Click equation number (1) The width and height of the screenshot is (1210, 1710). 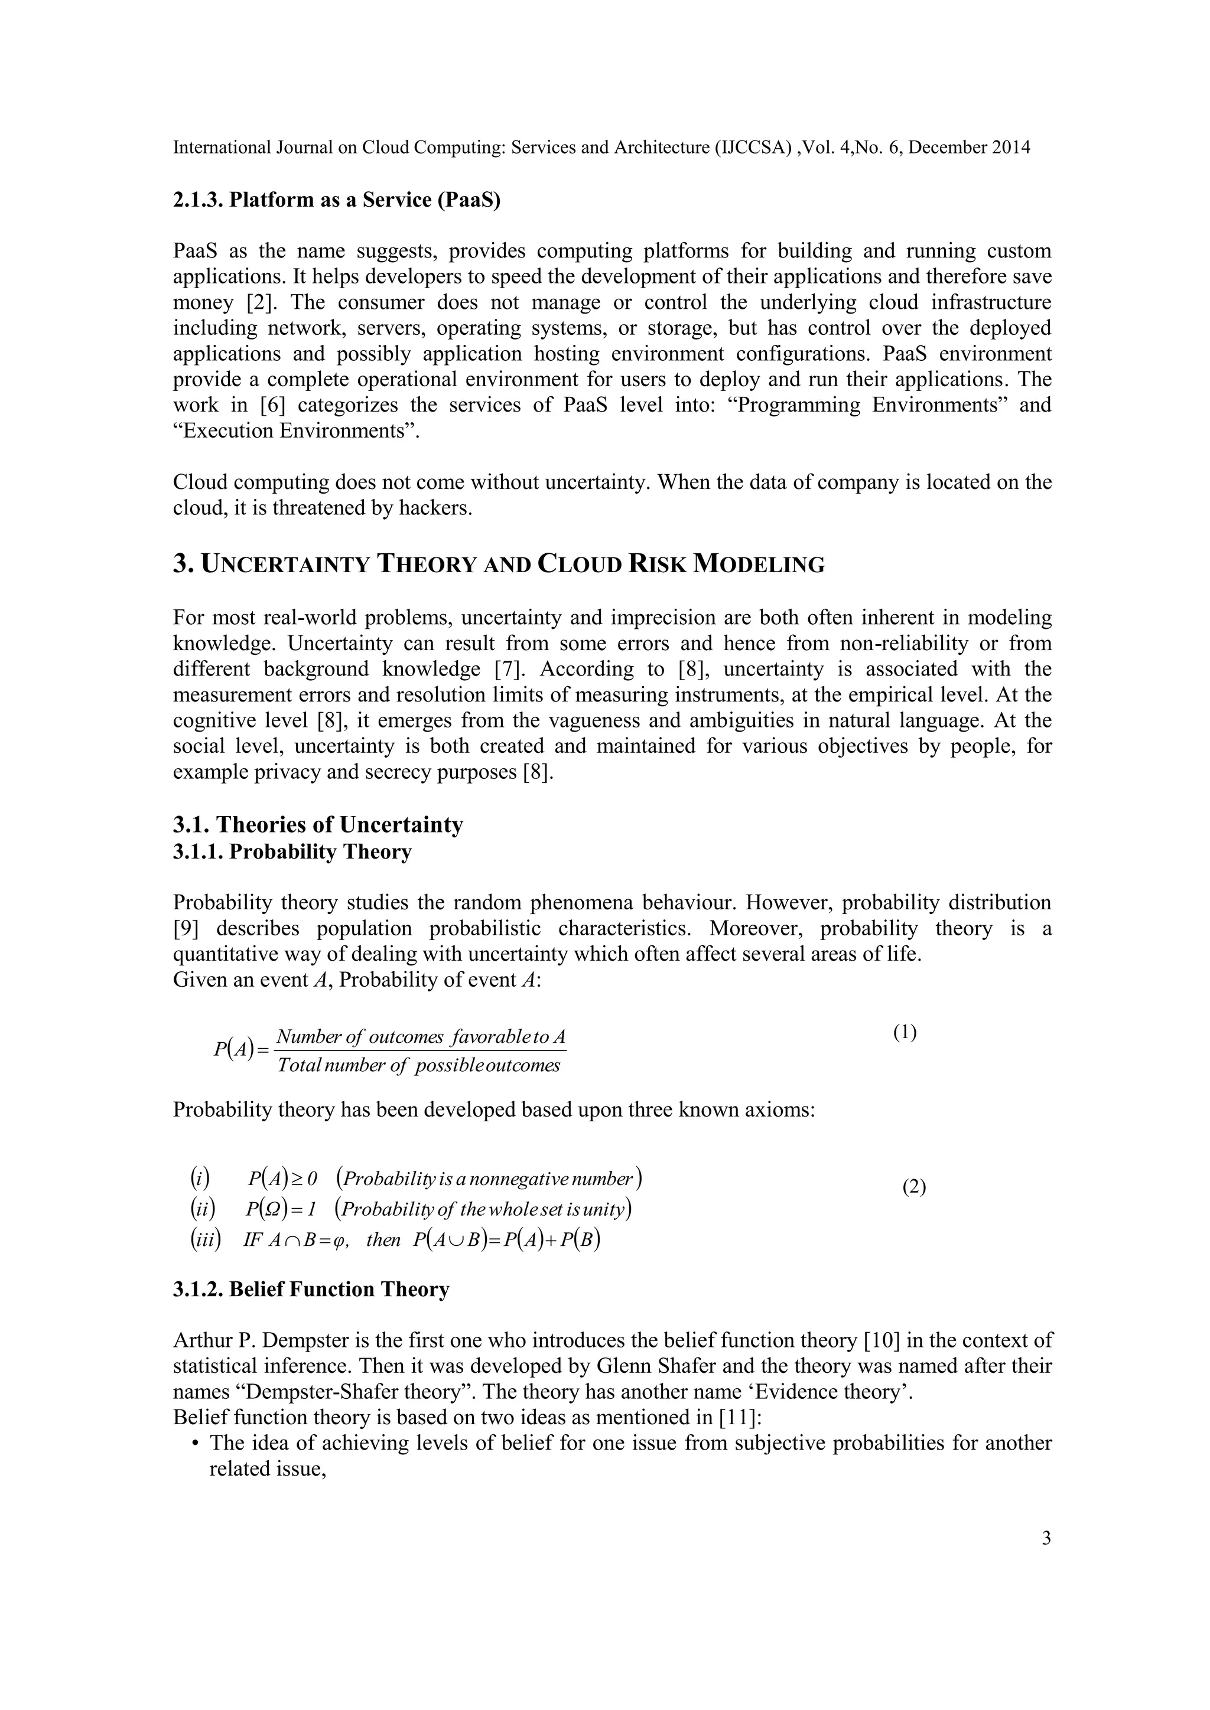click(x=905, y=1032)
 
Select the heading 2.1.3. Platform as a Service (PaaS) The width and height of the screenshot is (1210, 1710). click(x=337, y=200)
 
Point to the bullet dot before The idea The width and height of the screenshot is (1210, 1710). click(x=195, y=1443)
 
